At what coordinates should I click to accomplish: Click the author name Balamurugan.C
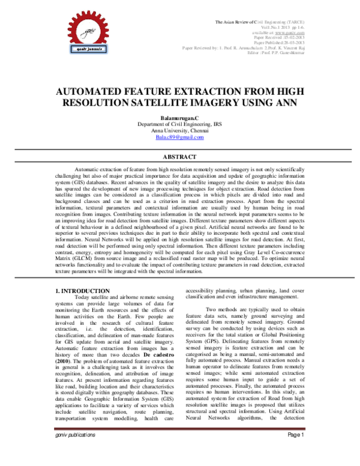click(180, 120)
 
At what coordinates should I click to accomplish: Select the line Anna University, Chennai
click(180, 132)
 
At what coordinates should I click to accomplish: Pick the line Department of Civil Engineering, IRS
click(180, 126)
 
